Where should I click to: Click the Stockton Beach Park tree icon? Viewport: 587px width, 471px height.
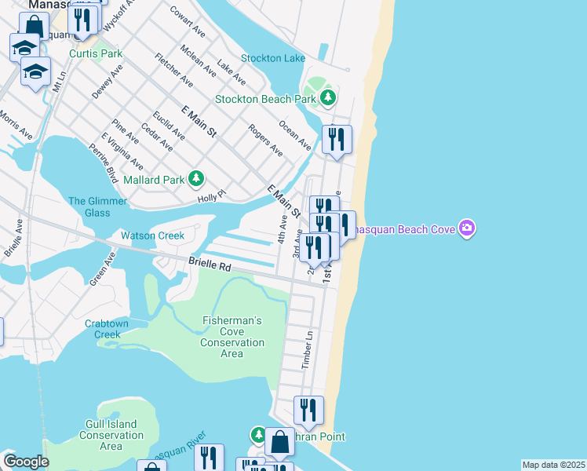[x=328, y=99]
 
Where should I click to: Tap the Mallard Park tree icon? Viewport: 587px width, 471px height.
[x=196, y=180]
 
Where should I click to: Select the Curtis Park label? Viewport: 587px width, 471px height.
[x=96, y=53]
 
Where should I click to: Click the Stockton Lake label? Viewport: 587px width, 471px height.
[x=273, y=59]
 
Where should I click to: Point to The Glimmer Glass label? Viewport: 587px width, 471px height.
[x=98, y=207]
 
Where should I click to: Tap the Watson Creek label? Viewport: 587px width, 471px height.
[x=152, y=235]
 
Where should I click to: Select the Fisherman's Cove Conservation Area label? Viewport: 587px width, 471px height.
[x=232, y=337]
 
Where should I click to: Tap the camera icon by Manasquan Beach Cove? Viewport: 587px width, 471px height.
[x=468, y=228]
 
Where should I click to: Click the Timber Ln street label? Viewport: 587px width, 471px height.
[x=308, y=350]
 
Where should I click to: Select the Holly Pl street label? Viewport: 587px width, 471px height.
[x=211, y=195]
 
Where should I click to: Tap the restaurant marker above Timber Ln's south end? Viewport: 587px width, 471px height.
[x=308, y=410]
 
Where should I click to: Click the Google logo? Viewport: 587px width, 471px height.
[x=26, y=462]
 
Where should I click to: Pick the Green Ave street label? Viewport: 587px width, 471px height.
[x=103, y=268]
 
